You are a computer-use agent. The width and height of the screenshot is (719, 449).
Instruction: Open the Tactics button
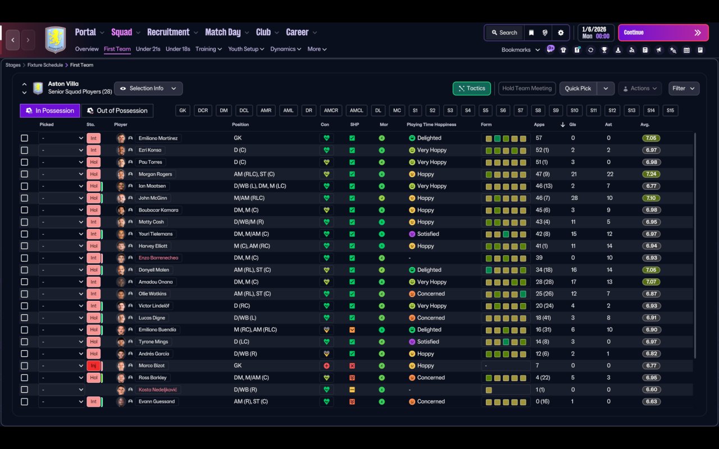[471, 89]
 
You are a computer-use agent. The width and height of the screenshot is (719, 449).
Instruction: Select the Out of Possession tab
[117, 111]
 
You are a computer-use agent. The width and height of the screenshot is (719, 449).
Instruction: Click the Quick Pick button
[577, 89]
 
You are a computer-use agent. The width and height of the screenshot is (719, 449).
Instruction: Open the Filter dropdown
[683, 89]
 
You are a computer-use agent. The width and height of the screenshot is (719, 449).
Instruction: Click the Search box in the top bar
[504, 33]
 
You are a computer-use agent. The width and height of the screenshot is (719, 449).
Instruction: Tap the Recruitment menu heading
[168, 33]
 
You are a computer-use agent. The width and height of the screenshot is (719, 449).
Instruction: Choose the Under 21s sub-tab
[148, 49]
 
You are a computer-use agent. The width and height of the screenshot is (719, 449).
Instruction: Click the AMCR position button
[331, 111]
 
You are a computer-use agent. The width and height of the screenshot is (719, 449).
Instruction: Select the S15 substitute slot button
[670, 111]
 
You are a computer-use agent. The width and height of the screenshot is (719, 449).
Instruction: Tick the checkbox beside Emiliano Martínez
[24, 138]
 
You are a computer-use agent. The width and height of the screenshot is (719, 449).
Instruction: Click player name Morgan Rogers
[155, 174]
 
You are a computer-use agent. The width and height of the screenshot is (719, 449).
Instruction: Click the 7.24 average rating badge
[651, 174]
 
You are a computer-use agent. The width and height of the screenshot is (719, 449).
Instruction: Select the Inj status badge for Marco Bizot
[93, 366]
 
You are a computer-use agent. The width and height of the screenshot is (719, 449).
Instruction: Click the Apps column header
[539, 125]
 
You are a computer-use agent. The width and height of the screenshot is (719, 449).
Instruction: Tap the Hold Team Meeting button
[526, 89]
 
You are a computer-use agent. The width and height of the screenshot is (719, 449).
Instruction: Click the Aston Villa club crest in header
[55, 40]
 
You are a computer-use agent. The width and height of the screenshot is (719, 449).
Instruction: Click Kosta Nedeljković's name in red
[159, 390]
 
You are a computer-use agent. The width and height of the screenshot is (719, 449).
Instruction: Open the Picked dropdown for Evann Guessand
[61, 402]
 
